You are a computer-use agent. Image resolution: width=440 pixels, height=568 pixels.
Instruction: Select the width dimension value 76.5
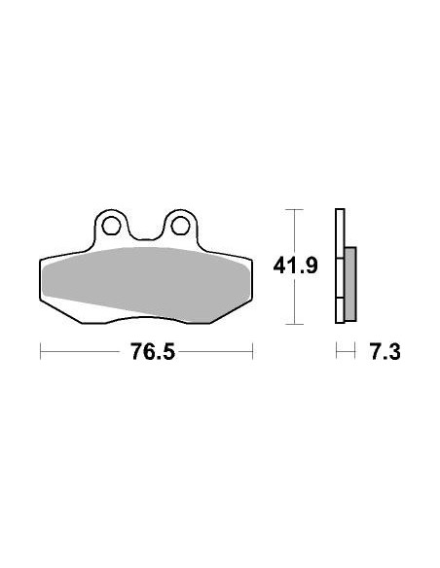(145, 351)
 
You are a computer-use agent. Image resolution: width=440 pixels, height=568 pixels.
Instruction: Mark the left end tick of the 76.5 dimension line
(40, 351)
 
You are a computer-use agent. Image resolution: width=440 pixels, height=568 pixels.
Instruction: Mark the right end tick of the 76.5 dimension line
(252, 351)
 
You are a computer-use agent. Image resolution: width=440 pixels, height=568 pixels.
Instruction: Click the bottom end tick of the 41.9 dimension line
(294, 323)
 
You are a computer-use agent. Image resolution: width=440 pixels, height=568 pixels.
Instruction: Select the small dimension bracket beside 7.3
(344, 351)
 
